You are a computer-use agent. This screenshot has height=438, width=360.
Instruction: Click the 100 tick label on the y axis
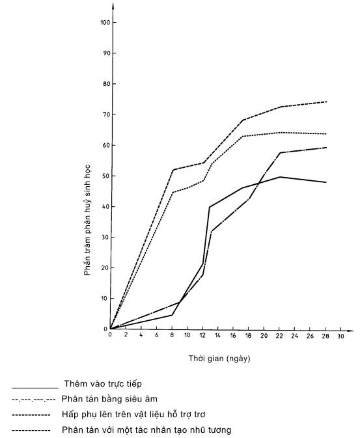pos(105,22)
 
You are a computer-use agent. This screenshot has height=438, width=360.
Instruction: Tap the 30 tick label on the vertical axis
pos(105,237)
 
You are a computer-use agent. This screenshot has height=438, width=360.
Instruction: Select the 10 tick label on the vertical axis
pos(104,298)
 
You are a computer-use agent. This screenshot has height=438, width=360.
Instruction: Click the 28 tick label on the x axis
pos(325,336)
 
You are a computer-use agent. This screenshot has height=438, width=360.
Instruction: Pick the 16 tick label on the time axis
pos(233,336)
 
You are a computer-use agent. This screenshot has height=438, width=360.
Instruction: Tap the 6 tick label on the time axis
pos(156,335)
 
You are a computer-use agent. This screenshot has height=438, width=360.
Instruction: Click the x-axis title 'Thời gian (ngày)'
pos(219,359)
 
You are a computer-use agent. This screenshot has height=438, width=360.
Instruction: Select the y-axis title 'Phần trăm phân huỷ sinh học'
pos(87,220)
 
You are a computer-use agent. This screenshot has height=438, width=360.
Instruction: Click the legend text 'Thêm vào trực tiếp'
pos(103,384)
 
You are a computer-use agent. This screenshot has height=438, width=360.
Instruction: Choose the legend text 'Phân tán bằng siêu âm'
pos(109,399)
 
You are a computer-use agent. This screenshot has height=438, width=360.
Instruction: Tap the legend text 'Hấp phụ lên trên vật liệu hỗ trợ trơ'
pos(133,415)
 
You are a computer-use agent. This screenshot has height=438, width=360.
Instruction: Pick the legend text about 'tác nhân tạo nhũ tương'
pos(146,430)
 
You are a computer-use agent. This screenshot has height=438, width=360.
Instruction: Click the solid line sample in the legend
pos(35,388)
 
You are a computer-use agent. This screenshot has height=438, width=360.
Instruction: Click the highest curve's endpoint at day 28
pos(326,102)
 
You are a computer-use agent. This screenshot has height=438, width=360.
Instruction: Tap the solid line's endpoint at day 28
pos(326,182)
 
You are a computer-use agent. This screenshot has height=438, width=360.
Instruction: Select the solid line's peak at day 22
pos(280,177)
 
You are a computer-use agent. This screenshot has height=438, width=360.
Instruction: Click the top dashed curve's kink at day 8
pos(173,170)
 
